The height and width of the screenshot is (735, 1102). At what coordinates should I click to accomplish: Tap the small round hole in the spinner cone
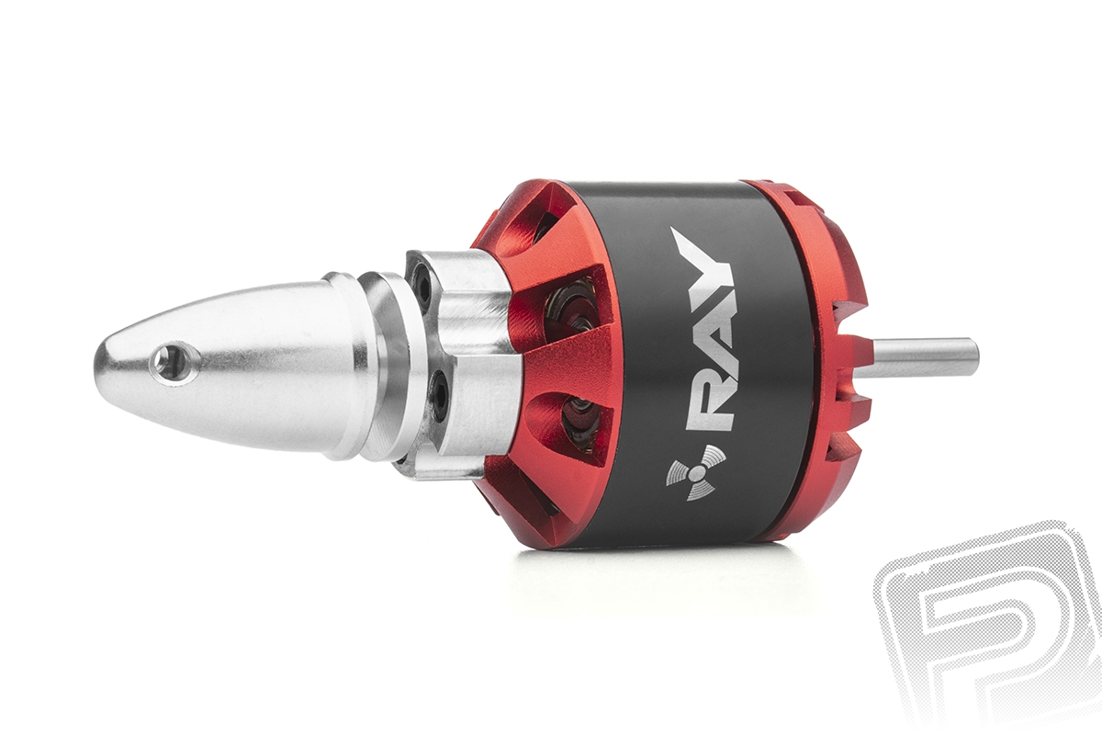click(x=169, y=357)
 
